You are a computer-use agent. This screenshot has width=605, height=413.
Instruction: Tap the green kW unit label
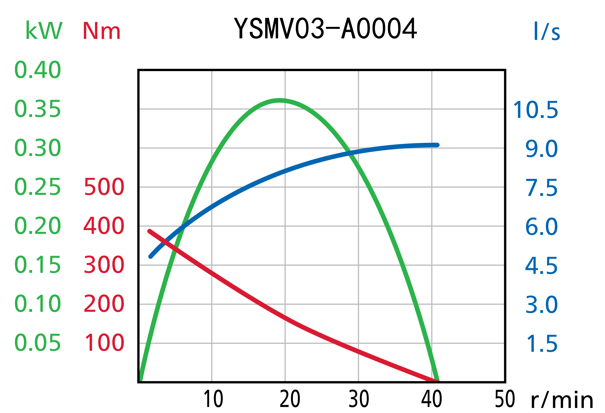coord(44,31)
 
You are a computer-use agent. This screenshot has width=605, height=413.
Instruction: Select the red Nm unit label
coord(102,31)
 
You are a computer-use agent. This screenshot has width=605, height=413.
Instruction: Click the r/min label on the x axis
coord(562,400)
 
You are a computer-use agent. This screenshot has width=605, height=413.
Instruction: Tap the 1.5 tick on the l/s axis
coord(542,343)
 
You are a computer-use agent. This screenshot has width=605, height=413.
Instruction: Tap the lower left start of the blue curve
coord(150,257)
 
